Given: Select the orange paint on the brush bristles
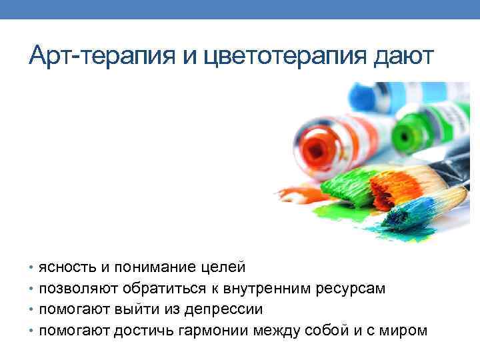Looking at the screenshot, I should [x=387, y=189].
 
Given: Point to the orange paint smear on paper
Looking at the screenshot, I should [x=299, y=194].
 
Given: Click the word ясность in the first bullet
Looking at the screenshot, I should [x=67, y=268].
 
